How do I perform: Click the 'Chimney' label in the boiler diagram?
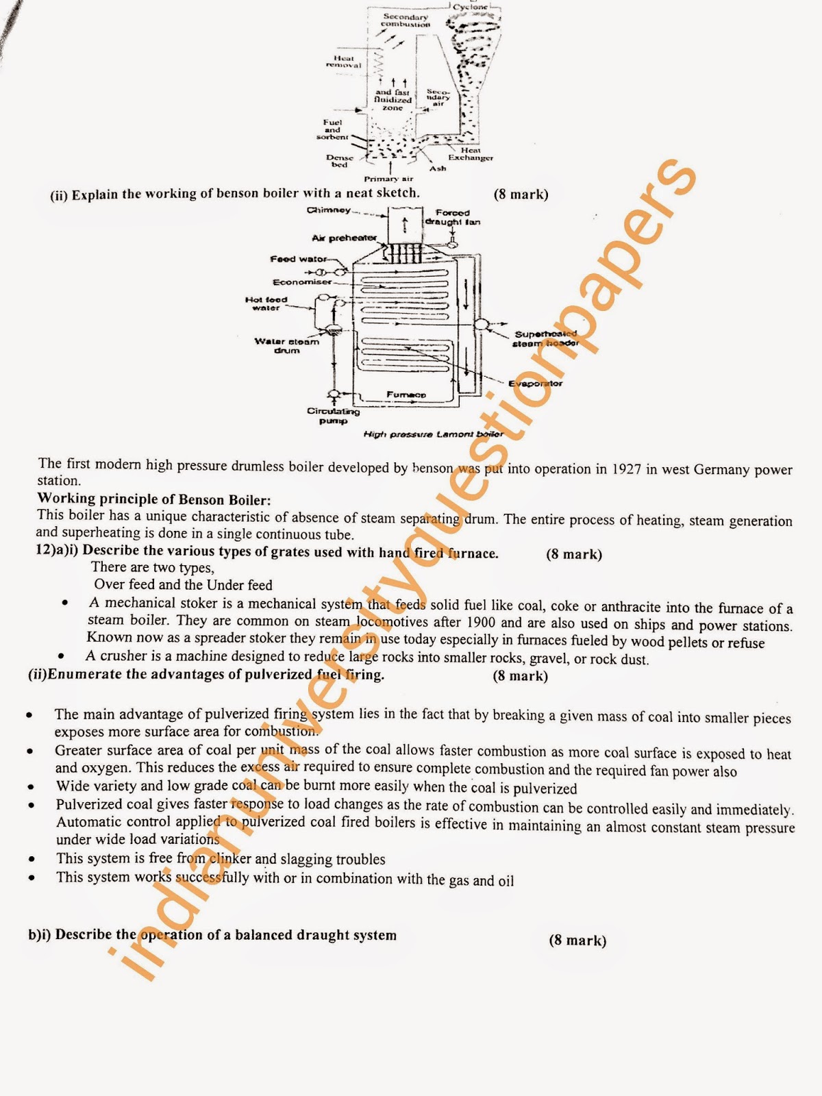click(329, 210)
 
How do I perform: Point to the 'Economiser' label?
click(302, 282)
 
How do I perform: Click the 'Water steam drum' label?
click(286, 345)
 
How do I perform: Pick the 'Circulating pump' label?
click(333, 416)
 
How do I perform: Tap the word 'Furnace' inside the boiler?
click(406, 395)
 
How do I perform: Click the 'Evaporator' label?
click(535, 384)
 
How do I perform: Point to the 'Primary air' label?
click(388, 179)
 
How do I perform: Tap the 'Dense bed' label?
click(340, 161)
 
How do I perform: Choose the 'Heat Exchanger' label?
click(471, 154)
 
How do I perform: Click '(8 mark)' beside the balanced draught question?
click(577, 940)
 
